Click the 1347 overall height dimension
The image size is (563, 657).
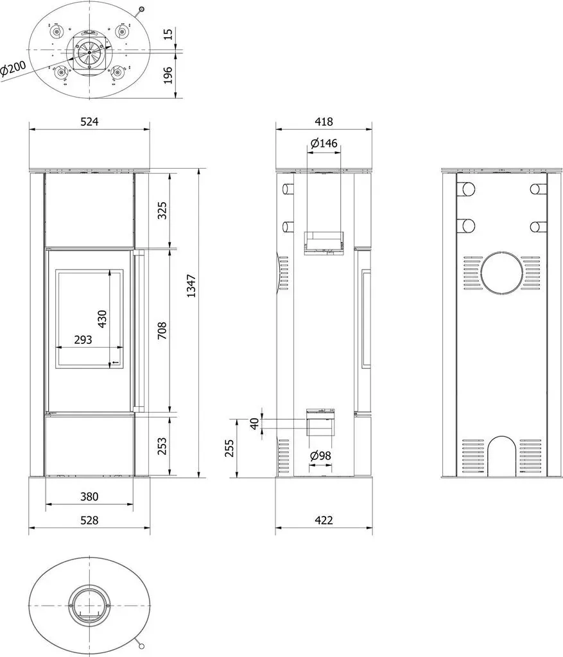191,286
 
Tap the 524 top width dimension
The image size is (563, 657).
89,121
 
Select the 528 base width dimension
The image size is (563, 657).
89,520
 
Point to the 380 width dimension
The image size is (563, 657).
89,497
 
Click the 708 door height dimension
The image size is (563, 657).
162,330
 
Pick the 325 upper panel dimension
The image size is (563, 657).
162,210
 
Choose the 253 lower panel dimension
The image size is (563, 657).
162,446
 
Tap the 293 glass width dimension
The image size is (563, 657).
83,340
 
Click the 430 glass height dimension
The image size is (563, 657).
102,318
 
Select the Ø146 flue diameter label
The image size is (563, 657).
324,143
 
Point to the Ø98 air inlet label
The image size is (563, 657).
320,456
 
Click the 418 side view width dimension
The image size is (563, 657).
324,121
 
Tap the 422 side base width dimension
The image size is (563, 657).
324,520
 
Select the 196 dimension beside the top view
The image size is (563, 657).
168,75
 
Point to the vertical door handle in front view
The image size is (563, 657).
140,329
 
